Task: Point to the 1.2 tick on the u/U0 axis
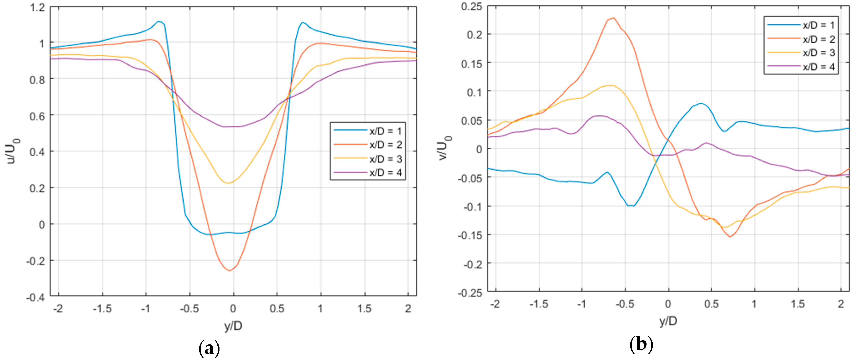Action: point(37,7)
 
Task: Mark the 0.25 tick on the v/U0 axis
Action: point(471,6)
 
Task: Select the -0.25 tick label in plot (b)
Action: point(470,293)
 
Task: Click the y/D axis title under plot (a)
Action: point(233,326)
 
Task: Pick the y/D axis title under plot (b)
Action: point(668,321)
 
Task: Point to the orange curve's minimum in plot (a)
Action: point(230,270)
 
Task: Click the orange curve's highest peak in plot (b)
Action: point(613,18)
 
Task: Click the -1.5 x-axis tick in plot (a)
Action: point(102,309)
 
